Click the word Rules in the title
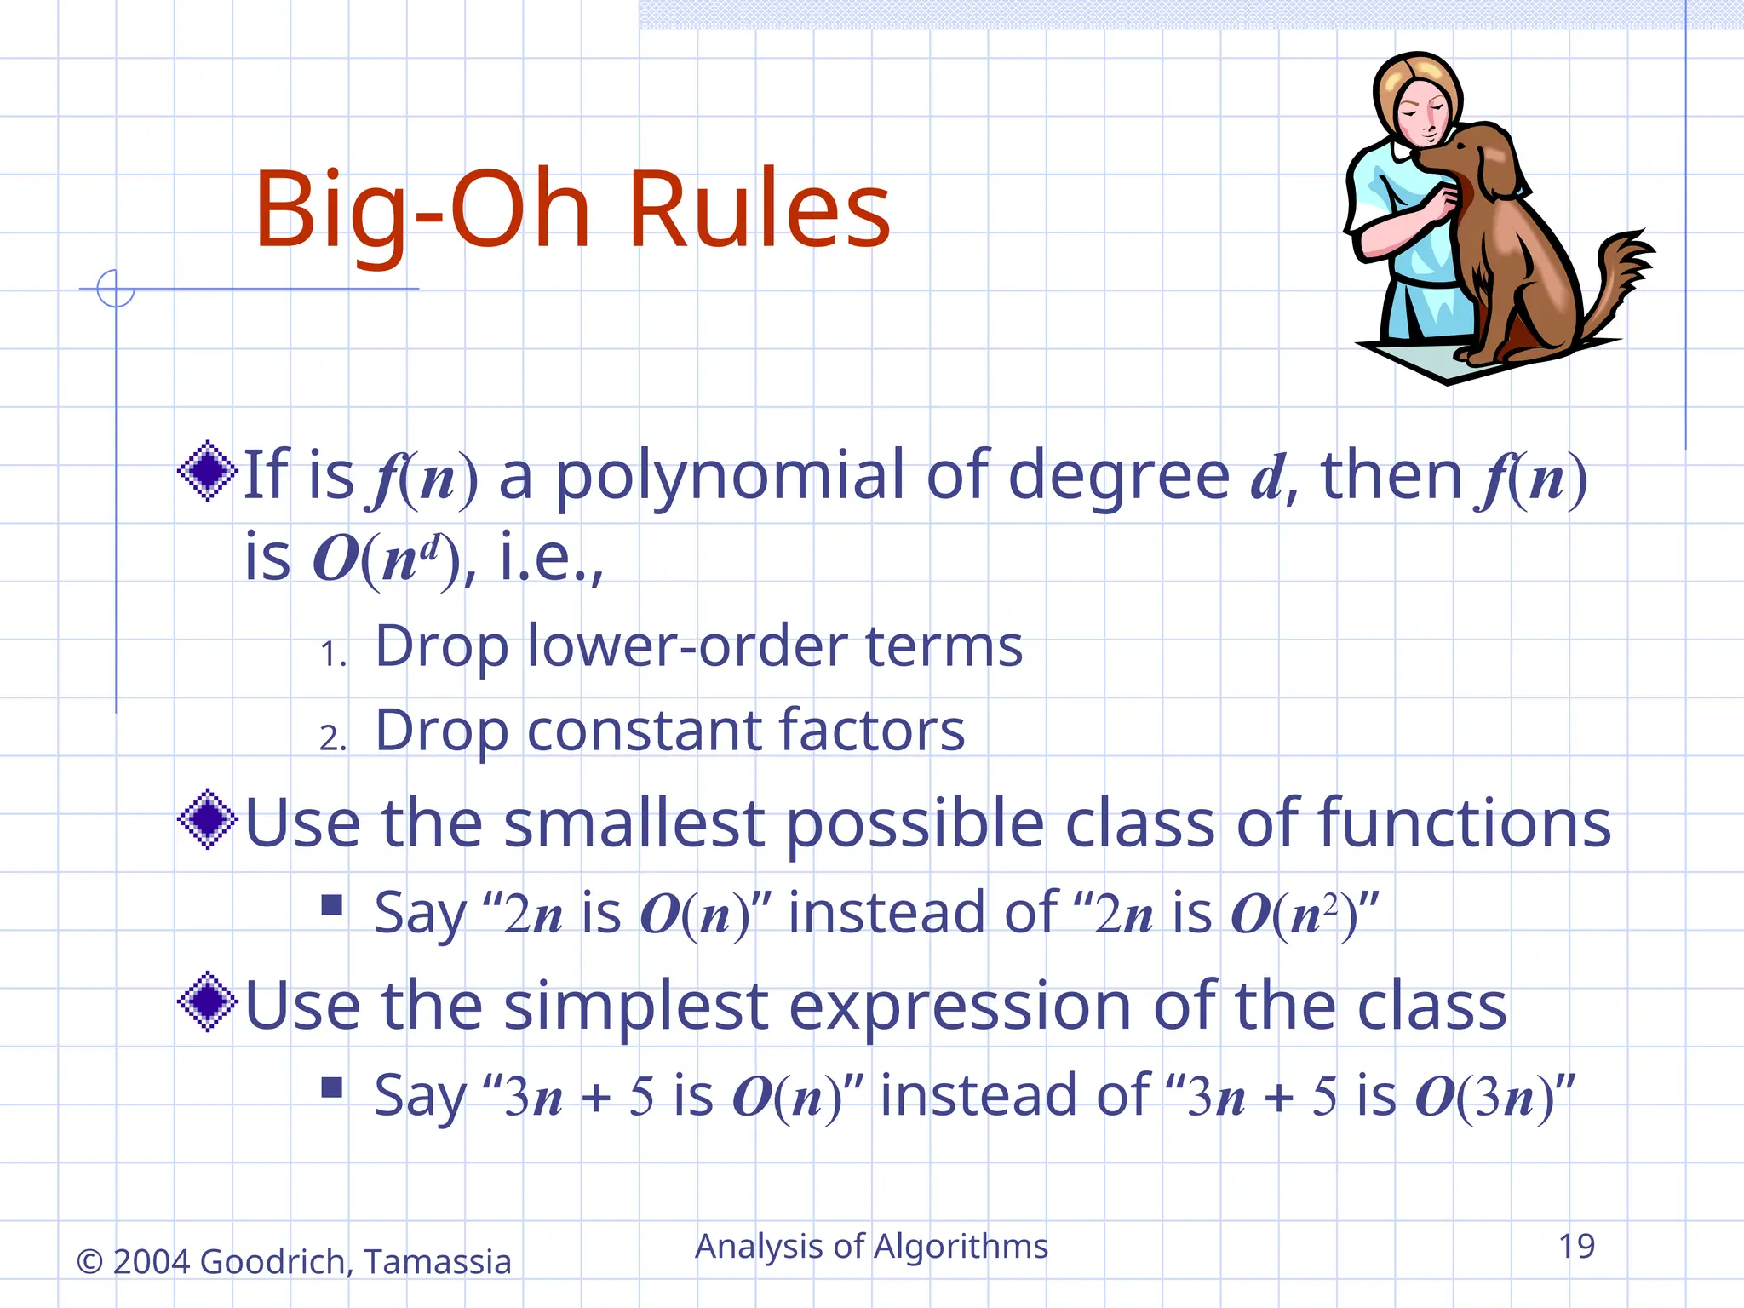(758, 209)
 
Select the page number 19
(1576, 1247)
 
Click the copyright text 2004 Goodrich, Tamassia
(311, 1262)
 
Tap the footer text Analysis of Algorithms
(871, 1247)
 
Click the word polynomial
(730, 477)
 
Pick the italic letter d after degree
(1266, 479)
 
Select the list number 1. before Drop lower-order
(333, 655)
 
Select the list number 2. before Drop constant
(333, 738)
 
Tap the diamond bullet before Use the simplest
(208, 1002)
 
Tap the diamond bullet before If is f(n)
(208, 471)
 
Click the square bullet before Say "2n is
(332, 904)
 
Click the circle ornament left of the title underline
(115, 289)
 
